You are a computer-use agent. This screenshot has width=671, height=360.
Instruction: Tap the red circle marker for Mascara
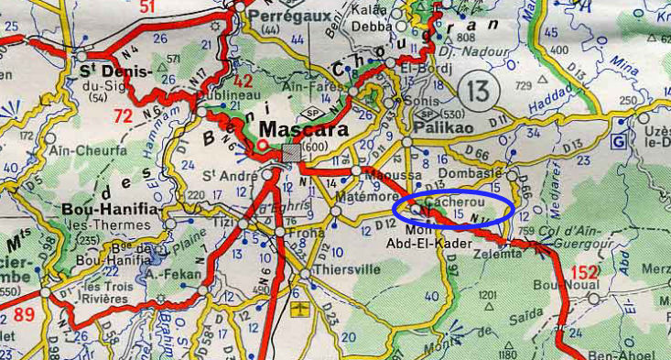pos(263,144)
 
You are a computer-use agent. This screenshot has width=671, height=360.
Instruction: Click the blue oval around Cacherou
pos(452,208)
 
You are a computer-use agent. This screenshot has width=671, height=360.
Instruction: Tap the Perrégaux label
pos(271,16)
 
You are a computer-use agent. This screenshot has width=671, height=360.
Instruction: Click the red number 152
pos(584,272)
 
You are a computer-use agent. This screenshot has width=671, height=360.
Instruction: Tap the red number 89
pos(26,316)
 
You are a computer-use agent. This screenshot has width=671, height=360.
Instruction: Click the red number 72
pos(123,115)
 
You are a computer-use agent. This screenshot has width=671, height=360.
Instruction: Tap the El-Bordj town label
pos(423,67)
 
